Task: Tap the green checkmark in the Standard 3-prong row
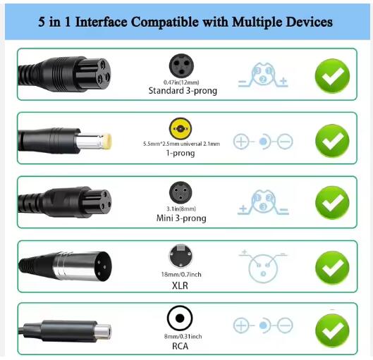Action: (332, 76)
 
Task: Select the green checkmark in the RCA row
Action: (332, 330)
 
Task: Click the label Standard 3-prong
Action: (183, 91)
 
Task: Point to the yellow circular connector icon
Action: (181, 128)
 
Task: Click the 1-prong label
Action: (181, 153)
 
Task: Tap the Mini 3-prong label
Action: (181, 218)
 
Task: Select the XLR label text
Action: (180, 285)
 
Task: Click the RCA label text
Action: (180, 346)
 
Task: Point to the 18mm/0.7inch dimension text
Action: (181, 275)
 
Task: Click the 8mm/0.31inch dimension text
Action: (183, 336)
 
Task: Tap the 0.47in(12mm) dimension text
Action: (181, 82)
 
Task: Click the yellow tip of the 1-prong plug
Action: (107, 142)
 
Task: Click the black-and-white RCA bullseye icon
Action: (180, 318)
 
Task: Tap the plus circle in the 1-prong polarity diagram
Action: (241, 142)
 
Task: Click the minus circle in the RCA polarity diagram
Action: (285, 325)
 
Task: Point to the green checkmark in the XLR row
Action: (332, 267)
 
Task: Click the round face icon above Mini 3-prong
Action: (181, 193)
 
